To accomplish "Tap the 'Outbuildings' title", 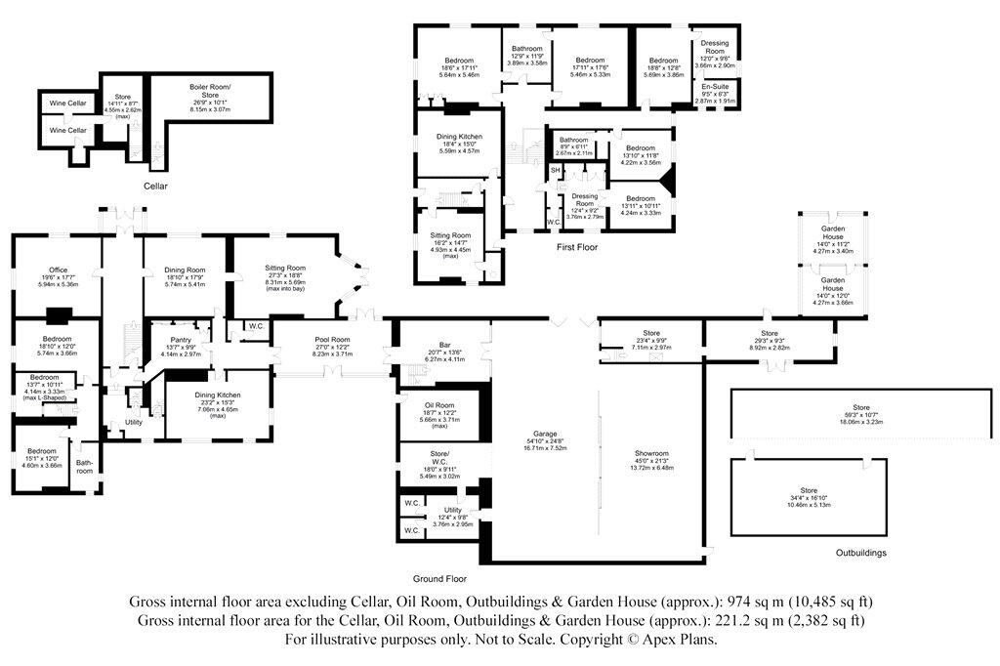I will [861, 553].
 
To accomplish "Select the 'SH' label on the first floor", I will [555, 171].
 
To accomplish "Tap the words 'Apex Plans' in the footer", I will [684, 641].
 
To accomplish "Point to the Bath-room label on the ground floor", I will [85, 467].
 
